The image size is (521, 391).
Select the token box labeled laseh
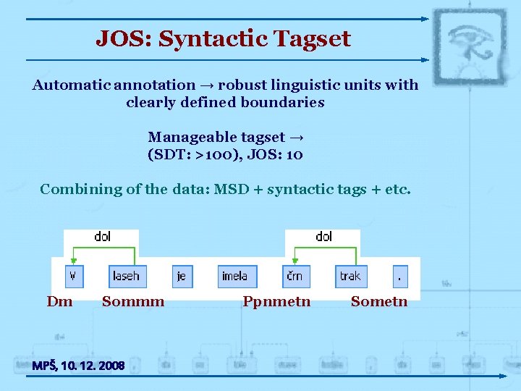point(126,276)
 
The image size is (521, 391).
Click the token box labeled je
point(182,276)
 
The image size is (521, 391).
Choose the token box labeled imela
point(234,276)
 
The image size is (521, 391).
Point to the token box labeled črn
point(295,276)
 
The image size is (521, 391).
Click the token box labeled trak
point(350,276)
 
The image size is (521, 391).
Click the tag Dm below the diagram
point(60,301)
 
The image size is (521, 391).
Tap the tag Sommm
point(133,301)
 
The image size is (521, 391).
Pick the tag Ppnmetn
point(276,301)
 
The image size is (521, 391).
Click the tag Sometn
point(379,301)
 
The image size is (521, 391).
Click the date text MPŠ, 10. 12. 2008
point(78,366)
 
